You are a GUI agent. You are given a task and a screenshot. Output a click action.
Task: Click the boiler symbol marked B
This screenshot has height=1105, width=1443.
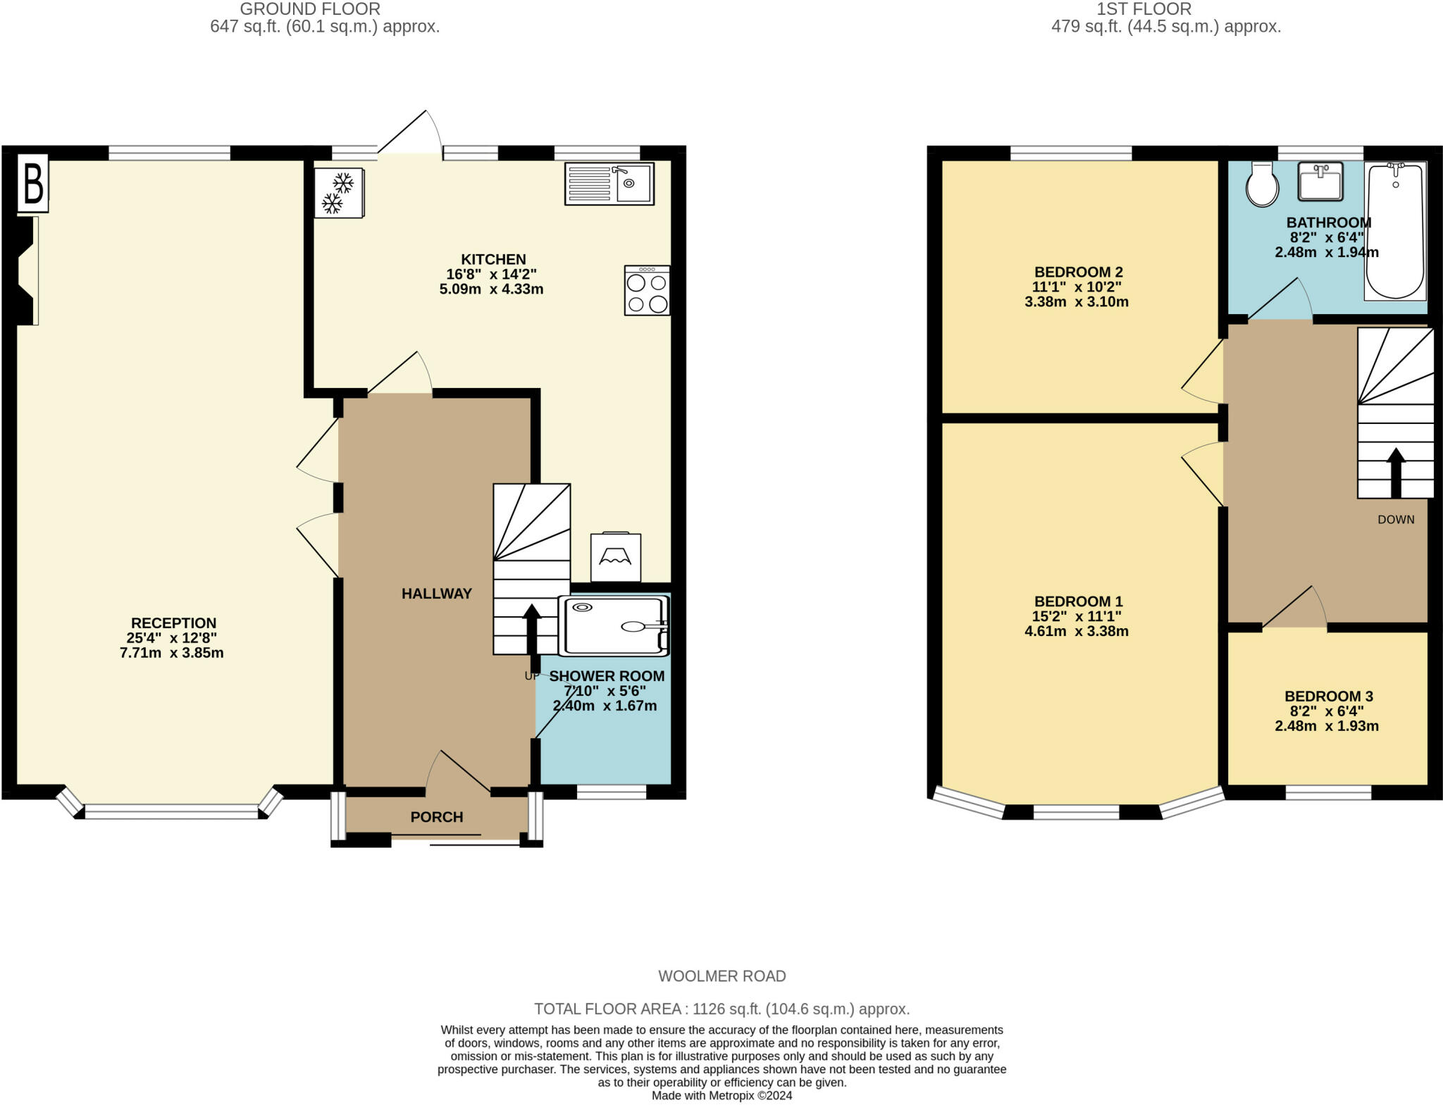coord(33,183)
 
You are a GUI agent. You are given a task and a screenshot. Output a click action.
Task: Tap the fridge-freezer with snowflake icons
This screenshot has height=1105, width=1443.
coord(339,193)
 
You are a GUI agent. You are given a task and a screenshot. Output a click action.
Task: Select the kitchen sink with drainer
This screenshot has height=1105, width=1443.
coord(609,184)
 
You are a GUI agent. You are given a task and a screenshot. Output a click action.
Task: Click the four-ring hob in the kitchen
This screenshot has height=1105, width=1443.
coord(647,290)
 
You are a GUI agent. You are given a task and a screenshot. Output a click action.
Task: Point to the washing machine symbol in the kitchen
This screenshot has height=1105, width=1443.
coord(616,557)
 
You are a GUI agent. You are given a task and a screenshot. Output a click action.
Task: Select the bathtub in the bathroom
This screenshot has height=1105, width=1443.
coord(1395,231)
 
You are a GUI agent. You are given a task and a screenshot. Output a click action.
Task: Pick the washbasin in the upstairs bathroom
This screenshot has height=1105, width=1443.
coord(1320,181)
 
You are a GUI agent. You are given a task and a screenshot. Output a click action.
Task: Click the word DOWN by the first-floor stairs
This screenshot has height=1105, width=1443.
coord(1396,520)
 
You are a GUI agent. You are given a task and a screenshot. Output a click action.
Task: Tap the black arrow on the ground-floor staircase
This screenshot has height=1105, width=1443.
coord(531,629)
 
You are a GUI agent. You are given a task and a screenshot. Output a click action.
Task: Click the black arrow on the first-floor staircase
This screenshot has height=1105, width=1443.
coord(1395,473)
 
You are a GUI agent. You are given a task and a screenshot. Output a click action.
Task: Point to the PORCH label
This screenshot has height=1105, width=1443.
coord(437,817)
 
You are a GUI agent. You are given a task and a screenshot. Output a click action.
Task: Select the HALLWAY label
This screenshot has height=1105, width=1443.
coord(437,594)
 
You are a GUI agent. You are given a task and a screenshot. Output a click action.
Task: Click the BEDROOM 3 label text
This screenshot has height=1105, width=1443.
coord(1328,697)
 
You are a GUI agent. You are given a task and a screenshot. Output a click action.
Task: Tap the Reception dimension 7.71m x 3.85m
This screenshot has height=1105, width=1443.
coord(172,653)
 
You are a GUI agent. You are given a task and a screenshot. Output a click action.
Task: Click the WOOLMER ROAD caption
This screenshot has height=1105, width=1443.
coord(722,976)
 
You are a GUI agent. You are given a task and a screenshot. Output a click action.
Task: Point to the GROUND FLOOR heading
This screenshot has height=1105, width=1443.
coord(310,9)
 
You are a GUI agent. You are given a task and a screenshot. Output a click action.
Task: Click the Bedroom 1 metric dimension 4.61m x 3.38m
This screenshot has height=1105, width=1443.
coord(1077,632)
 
